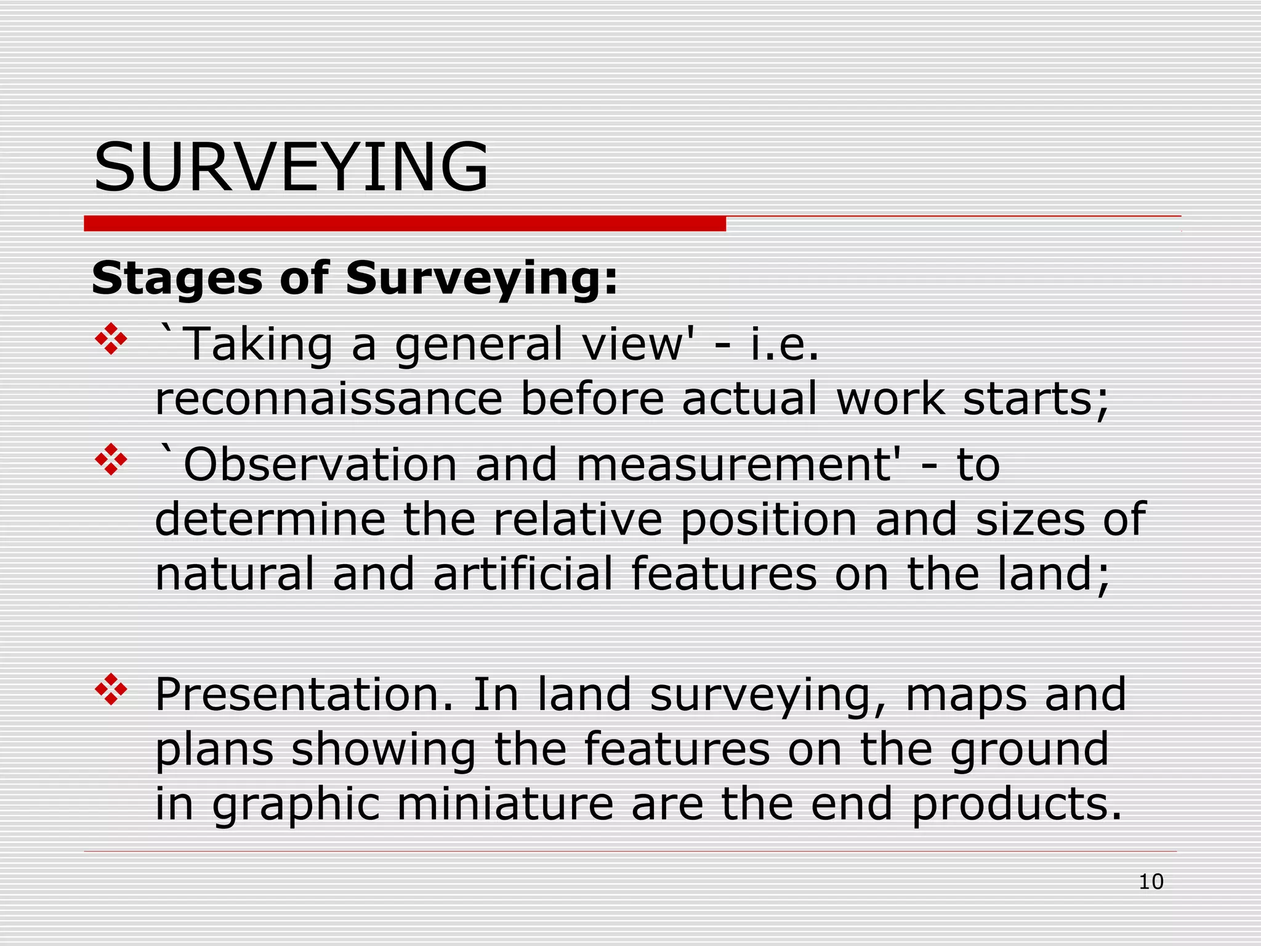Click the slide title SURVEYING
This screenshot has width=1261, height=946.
[x=291, y=168]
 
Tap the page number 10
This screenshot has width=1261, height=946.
[x=1151, y=882]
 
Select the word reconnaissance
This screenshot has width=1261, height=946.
[x=329, y=398]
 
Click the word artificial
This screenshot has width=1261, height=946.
[x=523, y=574]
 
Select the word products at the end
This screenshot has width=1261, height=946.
[x=1016, y=805]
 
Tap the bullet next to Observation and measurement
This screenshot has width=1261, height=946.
[x=111, y=459]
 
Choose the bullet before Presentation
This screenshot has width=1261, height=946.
[x=111, y=689]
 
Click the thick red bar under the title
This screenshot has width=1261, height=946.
[x=405, y=224]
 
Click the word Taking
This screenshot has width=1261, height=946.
[x=258, y=346]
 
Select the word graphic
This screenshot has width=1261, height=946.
[x=296, y=805]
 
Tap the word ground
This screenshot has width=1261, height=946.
[x=1029, y=750]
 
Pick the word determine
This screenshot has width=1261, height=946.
[x=270, y=519]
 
